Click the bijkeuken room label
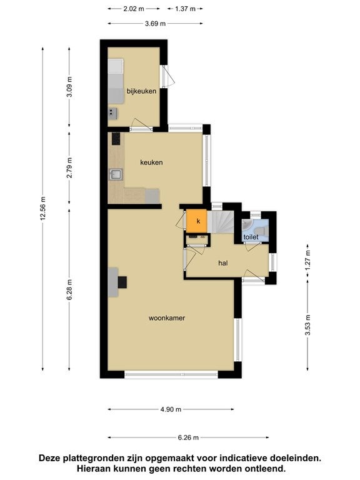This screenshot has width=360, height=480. click(x=141, y=91)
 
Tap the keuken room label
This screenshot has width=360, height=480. click(x=151, y=162)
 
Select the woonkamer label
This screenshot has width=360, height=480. click(x=167, y=318)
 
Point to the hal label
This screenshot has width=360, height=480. click(x=223, y=263)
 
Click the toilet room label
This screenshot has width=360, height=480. click(x=251, y=237)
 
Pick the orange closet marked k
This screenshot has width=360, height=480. click(x=197, y=221)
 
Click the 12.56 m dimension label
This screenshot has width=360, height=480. click(x=43, y=208)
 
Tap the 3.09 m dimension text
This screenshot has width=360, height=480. click(x=69, y=87)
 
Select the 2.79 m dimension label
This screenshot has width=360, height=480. click(x=69, y=167)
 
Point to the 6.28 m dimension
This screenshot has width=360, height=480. click(x=69, y=289)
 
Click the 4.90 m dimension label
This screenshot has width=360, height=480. click(x=171, y=409)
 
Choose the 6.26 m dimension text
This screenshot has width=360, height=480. click(x=188, y=437)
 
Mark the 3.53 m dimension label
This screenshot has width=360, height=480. click(x=307, y=325)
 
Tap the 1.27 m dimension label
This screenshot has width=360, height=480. click(x=307, y=260)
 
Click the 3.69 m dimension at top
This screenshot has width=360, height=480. click(x=155, y=24)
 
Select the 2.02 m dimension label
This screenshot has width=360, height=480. click(x=134, y=9)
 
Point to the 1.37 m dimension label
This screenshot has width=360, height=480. click(x=185, y=9)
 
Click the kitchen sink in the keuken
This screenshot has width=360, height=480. click(x=116, y=174)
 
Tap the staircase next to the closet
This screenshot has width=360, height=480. click(x=221, y=221)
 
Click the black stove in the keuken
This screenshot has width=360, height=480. click(x=116, y=139)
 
